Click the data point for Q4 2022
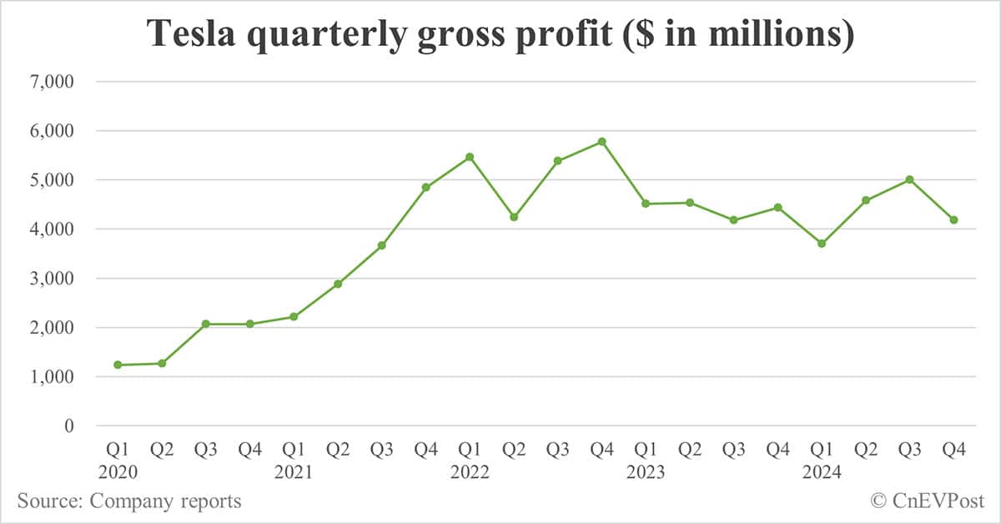[x=601, y=142]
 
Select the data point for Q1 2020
[x=118, y=365]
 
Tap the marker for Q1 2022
[x=470, y=157]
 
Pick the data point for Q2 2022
[x=514, y=217]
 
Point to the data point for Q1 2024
[x=822, y=244]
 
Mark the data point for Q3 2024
[x=910, y=179]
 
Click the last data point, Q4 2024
[x=953, y=220]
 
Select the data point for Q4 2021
[x=425, y=187]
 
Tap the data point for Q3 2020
[x=205, y=324]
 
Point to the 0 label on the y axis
[x=69, y=426]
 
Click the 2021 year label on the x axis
[x=294, y=472]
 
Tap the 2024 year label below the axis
[x=822, y=472]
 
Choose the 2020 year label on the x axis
[x=118, y=472]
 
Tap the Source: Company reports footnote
[x=129, y=501]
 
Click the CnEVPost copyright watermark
[x=928, y=501]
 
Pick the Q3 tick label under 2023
[x=733, y=451]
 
